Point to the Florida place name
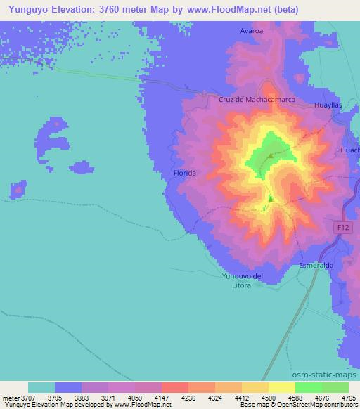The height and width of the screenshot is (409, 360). pos(184,172)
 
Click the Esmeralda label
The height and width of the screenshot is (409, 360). pos(316,266)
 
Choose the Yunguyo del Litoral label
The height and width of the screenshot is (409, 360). pos(243,280)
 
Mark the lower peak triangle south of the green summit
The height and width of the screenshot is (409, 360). pos(269,199)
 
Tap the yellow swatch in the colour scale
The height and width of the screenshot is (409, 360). pos(282,388)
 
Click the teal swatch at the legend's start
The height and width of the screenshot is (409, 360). pos(41,388)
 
